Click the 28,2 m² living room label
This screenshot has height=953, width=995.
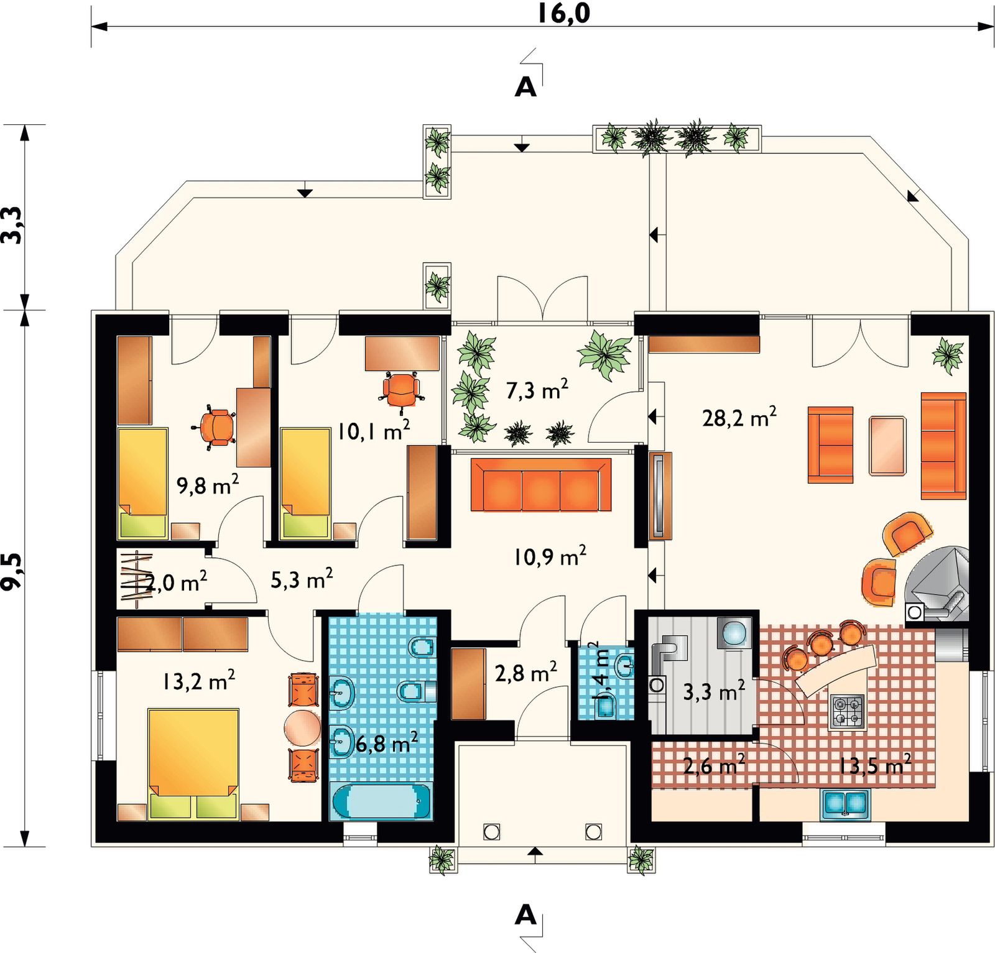pyautogui.click(x=739, y=417)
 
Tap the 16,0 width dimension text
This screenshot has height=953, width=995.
pyautogui.click(x=564, y=13)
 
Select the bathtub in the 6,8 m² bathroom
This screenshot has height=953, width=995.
pyautogui.click(x=381, y=802)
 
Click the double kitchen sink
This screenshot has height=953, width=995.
pyautogui.click(x=845, y=804)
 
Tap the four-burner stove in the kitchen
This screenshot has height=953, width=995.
pyautogui.click(x=848, y=712)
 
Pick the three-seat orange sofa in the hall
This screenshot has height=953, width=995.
pyautogui.click(x=541, y=485)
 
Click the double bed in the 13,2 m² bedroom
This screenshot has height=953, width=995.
pyautogui.click(x=193, y=764)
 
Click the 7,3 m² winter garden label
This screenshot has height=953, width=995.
pyautogui.click(x=537, y=390)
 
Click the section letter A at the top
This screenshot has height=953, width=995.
pyautogui.click(x=525, y=88)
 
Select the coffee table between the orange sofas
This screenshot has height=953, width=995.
pyautogui.click(x=887, y=446)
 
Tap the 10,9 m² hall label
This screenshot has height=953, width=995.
pyautogui.click(x=550, y=556)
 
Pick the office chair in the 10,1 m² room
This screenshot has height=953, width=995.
pyautogui.click(x=402, y=390)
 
